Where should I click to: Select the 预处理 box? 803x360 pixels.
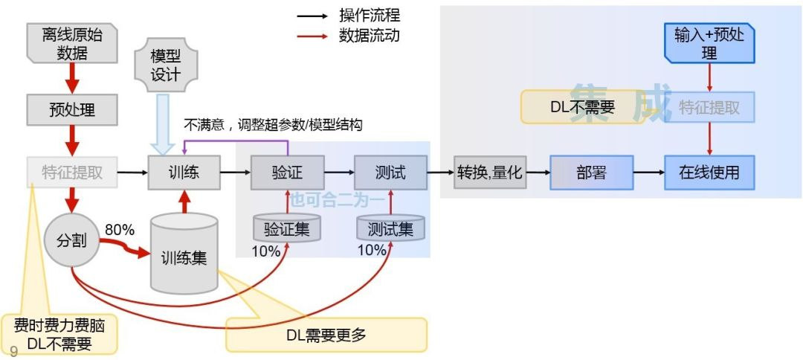click(71, 110)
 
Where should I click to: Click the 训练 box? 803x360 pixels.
click(184, 173)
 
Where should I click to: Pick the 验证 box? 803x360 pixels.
click(287, 173)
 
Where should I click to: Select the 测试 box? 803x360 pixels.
click(390, 173)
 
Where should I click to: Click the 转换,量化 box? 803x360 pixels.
click(490, 173)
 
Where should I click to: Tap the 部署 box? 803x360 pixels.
click(591, 173)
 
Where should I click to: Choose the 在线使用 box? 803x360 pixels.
click(709, 173)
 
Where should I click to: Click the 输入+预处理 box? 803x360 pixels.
click(709, 44)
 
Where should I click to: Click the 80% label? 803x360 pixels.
click(120, 231)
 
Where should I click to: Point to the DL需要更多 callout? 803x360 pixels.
click(326, 335)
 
